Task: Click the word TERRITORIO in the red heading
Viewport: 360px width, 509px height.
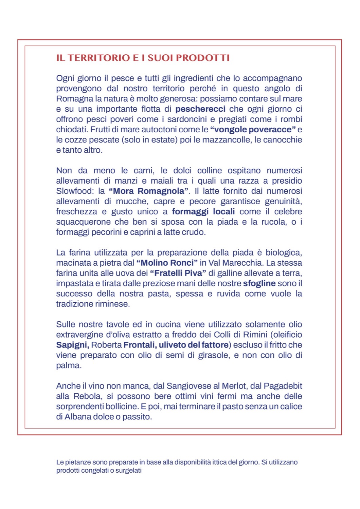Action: point(98,58)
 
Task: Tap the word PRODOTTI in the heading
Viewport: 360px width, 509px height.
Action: point(203,58)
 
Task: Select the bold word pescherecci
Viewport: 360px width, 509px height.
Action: point(200,109)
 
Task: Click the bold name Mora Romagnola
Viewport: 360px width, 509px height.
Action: point(148,191)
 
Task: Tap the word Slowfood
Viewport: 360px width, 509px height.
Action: point(73,191)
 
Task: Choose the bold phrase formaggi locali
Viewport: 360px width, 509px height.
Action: point(203,212)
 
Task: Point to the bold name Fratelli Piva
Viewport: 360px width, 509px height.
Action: point(178,273)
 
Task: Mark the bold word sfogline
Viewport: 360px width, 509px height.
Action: point(259,283)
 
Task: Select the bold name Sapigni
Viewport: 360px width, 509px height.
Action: point(72,345)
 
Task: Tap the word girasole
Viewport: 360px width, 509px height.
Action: point(214,355)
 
